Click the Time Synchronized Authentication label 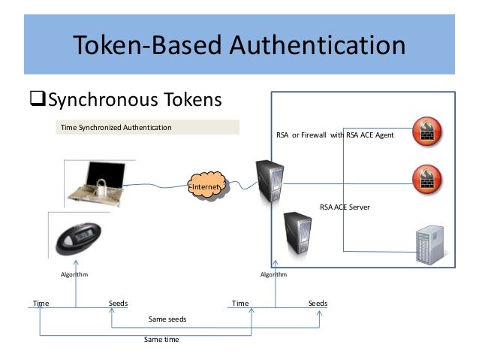coord(116,128)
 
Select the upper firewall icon coord(426,130)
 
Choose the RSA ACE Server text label coord(345,206)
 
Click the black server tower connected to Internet coord(270,180)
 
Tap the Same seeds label coord(167,319)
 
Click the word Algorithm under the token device coord(74,275)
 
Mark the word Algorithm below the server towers coord(273,275)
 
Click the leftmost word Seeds coord(118,304)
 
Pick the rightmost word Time coord(239,304)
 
